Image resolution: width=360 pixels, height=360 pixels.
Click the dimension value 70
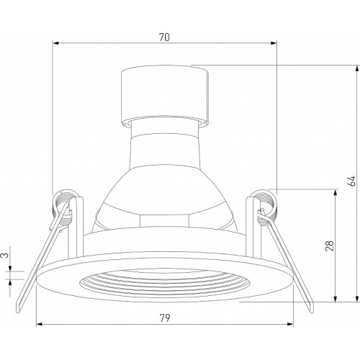click(x=164, y=37)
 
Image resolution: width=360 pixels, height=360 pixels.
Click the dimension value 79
click(x=165, y=318)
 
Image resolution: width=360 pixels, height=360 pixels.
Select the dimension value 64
click(x=351, y=181)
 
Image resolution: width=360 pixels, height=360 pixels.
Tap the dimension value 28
click(x=330, y=246)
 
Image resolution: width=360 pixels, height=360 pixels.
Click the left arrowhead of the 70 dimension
click(x=55, y=43)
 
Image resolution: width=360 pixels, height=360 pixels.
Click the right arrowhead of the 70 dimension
click(x=274, y=43)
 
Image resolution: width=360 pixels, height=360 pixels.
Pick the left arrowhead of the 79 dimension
click(x=39, y=325)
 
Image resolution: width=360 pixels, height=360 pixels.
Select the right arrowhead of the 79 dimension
click(x=290, y=325)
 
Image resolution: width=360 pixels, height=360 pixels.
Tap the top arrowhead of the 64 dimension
click(x=356, y=68)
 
